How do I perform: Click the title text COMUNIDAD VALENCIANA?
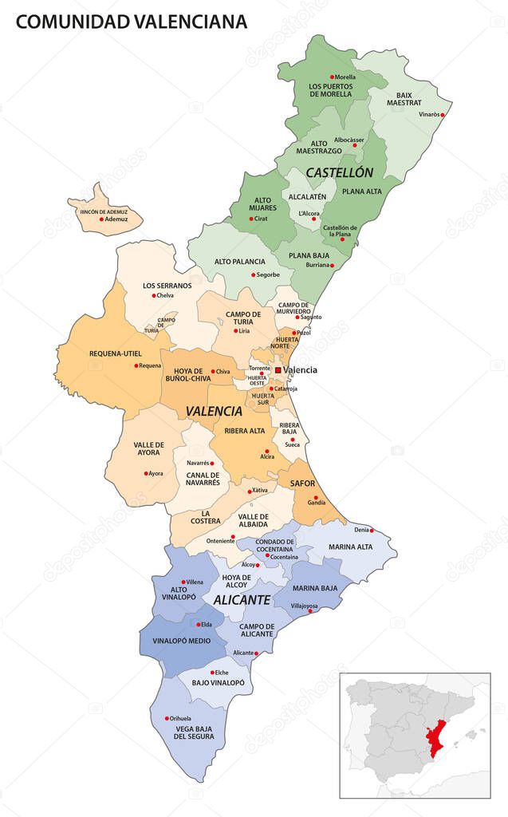point(131,22)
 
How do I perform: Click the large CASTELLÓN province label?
point(339,172)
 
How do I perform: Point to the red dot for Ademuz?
point(101,219)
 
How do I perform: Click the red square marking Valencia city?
point(278,370)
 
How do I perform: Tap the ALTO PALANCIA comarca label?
point(239,261)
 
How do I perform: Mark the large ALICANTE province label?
point(241,599)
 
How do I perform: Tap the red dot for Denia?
point(372,530)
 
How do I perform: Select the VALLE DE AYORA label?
point(148,449)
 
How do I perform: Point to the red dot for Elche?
point(212,673)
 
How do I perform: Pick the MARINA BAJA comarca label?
point(315,589)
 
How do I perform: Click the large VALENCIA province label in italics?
point(213,412)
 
